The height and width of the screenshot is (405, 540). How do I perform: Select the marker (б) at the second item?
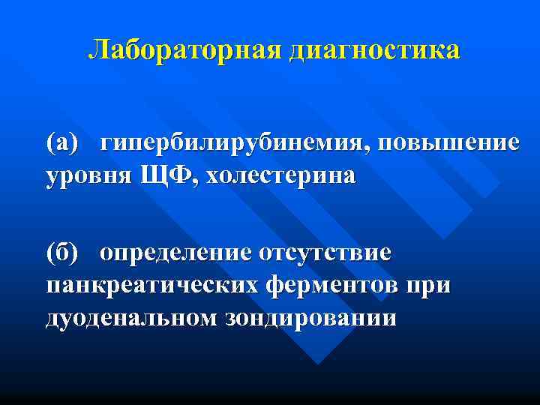tap(62, 252)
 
